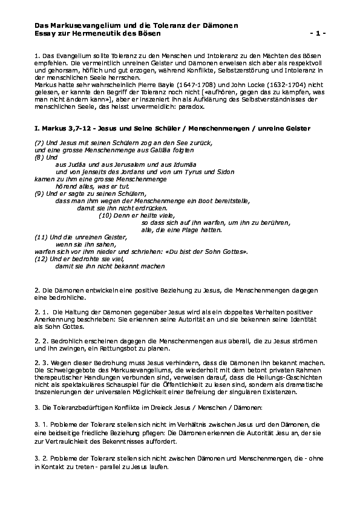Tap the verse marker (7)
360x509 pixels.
pos(39,141)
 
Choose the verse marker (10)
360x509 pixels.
pos(106,215)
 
